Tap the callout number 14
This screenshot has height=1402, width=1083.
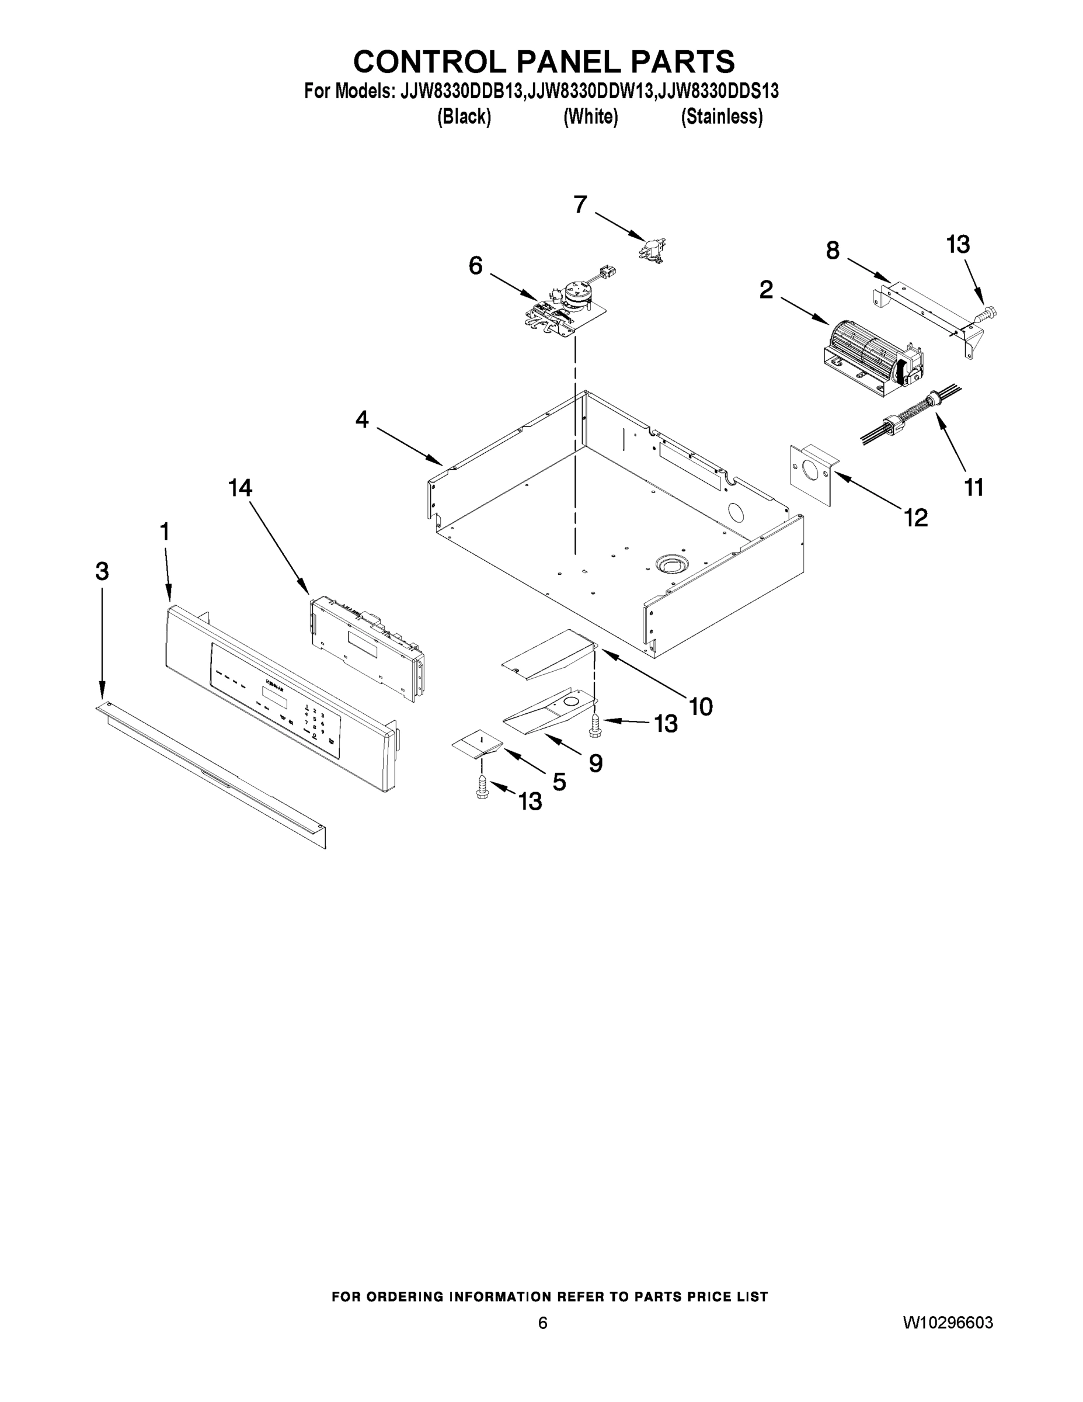point(241,488)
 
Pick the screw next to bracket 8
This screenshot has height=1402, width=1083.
point(986,314)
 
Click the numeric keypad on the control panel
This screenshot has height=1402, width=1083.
point(315,721)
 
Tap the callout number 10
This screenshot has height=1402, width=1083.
point(701,707)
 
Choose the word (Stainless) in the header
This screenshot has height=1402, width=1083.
point(722,117)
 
